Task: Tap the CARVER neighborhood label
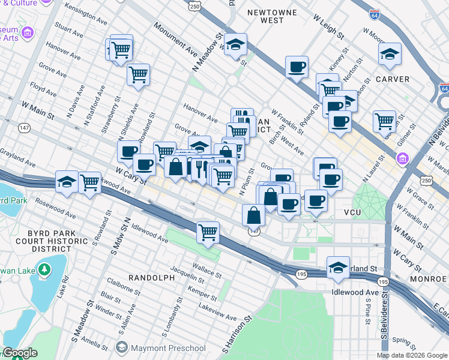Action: pyautogui.click(x=393, y=79)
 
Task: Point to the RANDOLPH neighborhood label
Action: pyautogui.click(x=152, y=278)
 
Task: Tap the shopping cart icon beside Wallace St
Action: pyautogui.click(x=208, y=231)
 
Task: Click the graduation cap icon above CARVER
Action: pyautogui.click(x=390, y=54)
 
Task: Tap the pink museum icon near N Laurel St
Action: pyautogui.click(x=402, y=159)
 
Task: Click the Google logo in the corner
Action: pyautogui.click(x=20, y=353)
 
